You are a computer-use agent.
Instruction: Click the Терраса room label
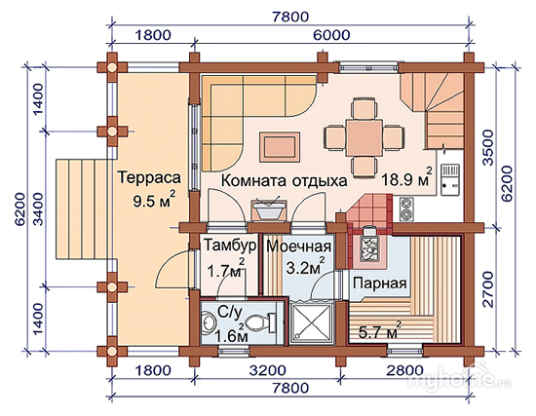pyautogui.click(x=149, y=178)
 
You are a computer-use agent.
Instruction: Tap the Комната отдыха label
pyautogui.click(x=284, y=181)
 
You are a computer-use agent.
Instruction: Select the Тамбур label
pyautogui.click(x=230, y=246)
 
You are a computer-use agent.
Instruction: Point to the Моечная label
pyautogui.click(x=299, y=246)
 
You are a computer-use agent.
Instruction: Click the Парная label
pyautogui.click(x=380, y=284)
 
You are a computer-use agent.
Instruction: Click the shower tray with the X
pyautogui.click(x=310, y=322)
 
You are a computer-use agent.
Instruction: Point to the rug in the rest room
pyautogui.click(x=280, y=147)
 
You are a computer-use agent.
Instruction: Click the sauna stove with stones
pyautogui.click(x=369, y=246)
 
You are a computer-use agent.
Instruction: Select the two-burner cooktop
pyautogui.click(x=406, y=208)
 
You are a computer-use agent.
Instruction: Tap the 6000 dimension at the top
pyautogui.click(x=331, y=35)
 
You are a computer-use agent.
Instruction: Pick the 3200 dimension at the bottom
pyautogui.click(x=267, y=370)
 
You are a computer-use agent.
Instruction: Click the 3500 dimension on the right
pyautogui.click(x=488, y=148)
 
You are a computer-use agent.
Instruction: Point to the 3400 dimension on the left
pyautogui.click(x=39, y=208)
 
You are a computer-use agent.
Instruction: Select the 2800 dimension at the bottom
pyautogui.click(x=405, y=370)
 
